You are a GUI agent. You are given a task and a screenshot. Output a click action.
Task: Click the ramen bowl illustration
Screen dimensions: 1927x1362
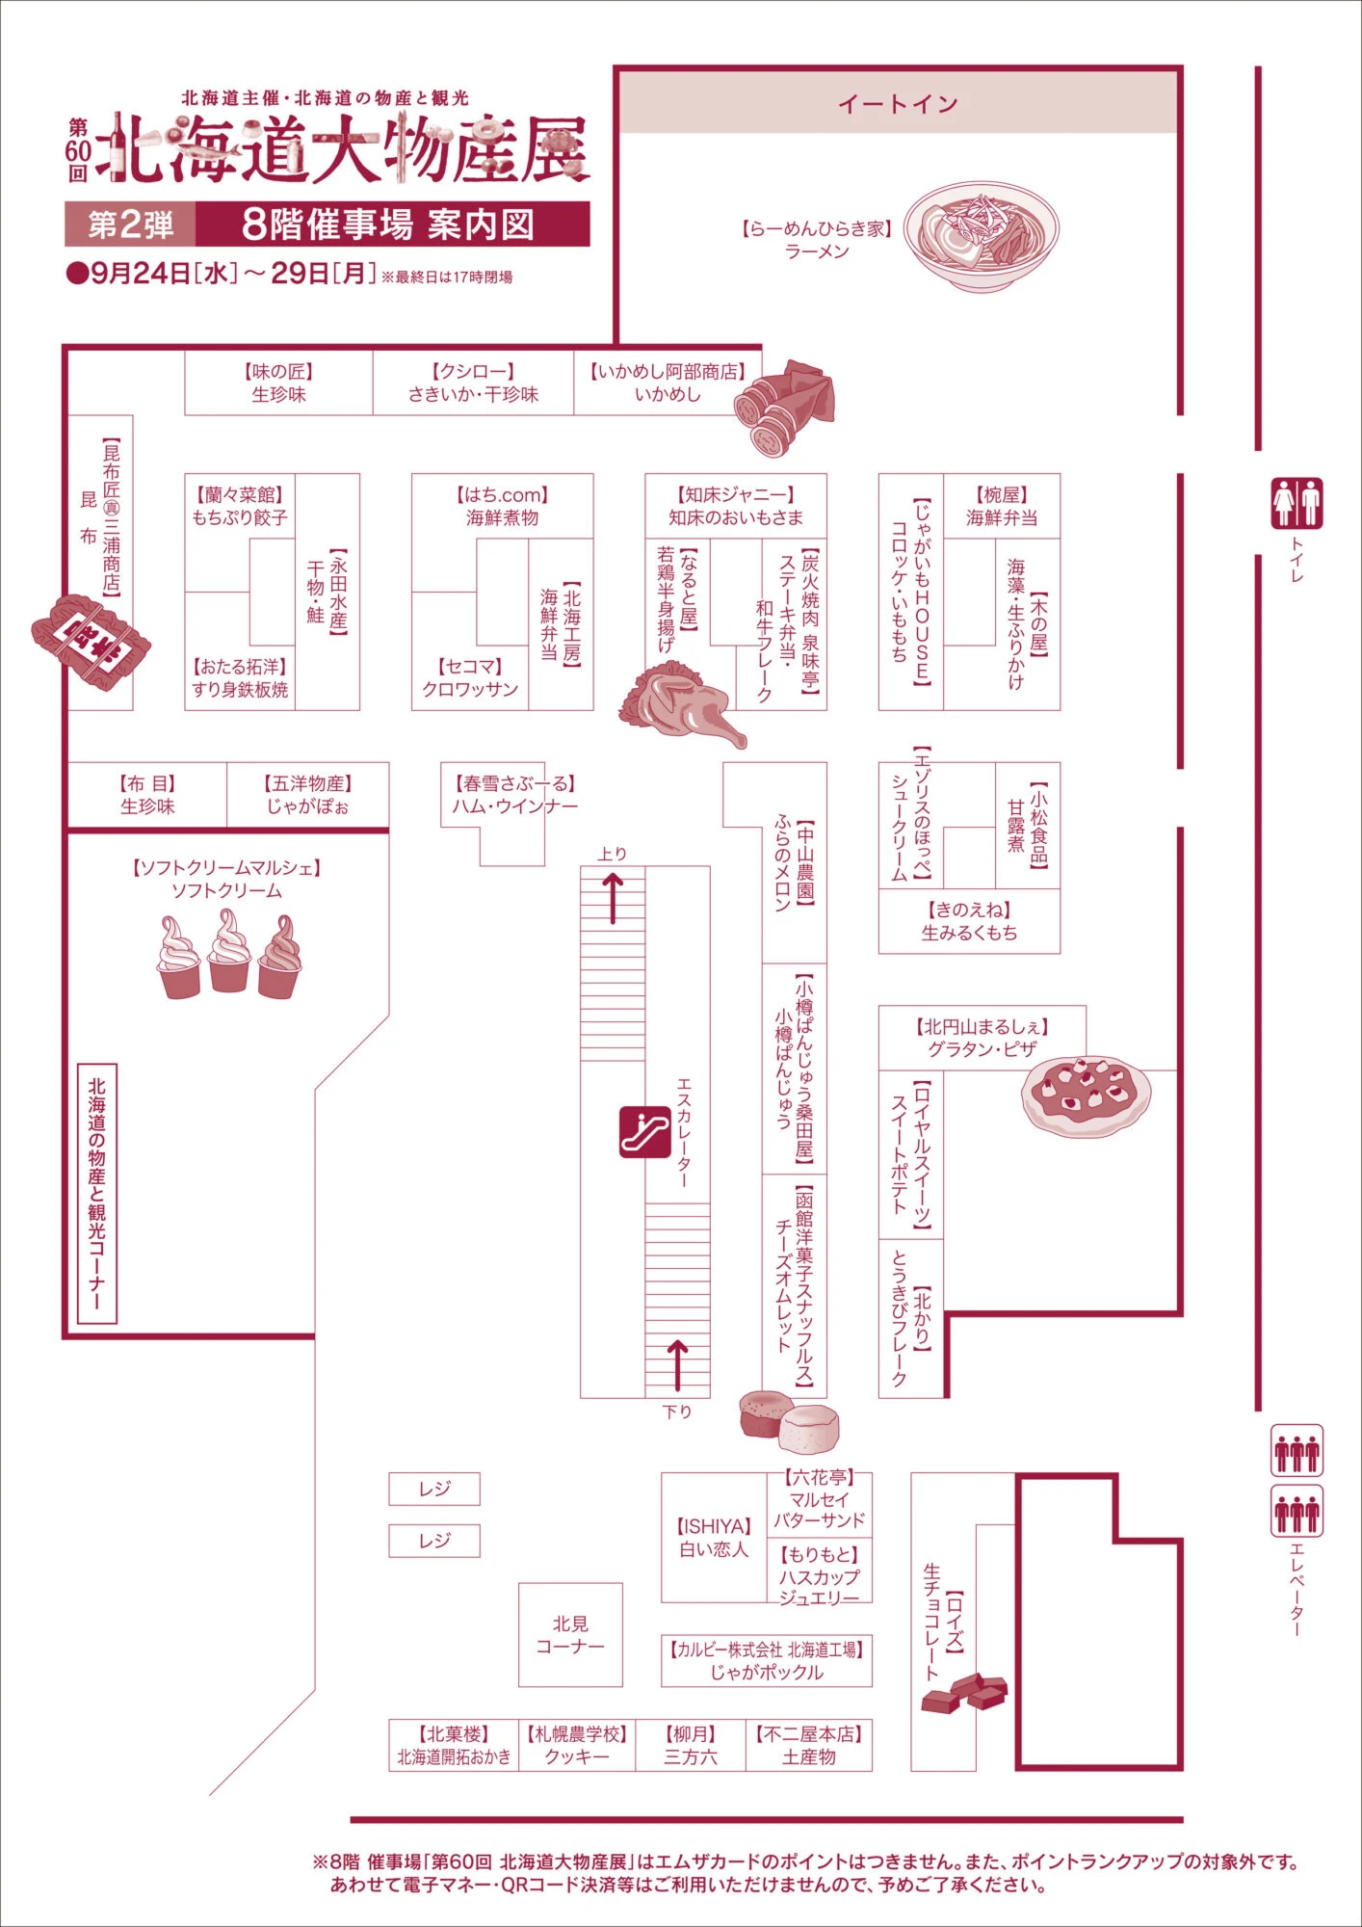pyautogui.click(x=981, y=236)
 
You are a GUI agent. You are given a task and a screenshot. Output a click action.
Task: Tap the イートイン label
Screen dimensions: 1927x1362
pyautogui.click(x=898, y=103)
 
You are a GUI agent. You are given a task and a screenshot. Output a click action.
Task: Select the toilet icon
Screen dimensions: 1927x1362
pyautogui.click(x=1297, y=503)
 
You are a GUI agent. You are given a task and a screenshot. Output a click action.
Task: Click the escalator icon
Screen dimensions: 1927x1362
pyautogui.click(x=644, y=1131)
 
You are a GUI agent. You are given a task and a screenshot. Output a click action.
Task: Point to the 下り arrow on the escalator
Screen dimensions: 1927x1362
pyautogui.click(x=677, y=1363)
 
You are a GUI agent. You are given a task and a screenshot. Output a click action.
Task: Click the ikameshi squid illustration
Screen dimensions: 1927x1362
pyautogui.click(x=784, y=407)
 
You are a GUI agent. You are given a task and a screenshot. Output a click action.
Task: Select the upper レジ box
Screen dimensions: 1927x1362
pyautogui.click(x=433, y=1489)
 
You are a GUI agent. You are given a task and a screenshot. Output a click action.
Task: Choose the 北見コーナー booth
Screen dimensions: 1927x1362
pyautogui.click(x=570, y=1635)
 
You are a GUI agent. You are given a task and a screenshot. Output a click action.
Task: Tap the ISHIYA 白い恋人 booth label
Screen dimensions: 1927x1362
pyautogui.click(x=714, y=1538)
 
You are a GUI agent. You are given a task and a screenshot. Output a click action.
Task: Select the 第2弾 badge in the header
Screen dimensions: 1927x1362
pyautogui.click(x=130, y=224)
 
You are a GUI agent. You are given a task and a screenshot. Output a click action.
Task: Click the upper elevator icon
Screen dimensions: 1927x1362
pyautogui.click(x=1297, y=1451)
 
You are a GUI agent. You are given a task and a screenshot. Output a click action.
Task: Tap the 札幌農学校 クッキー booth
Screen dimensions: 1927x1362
pyautogui.click(x=577, y=1745)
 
